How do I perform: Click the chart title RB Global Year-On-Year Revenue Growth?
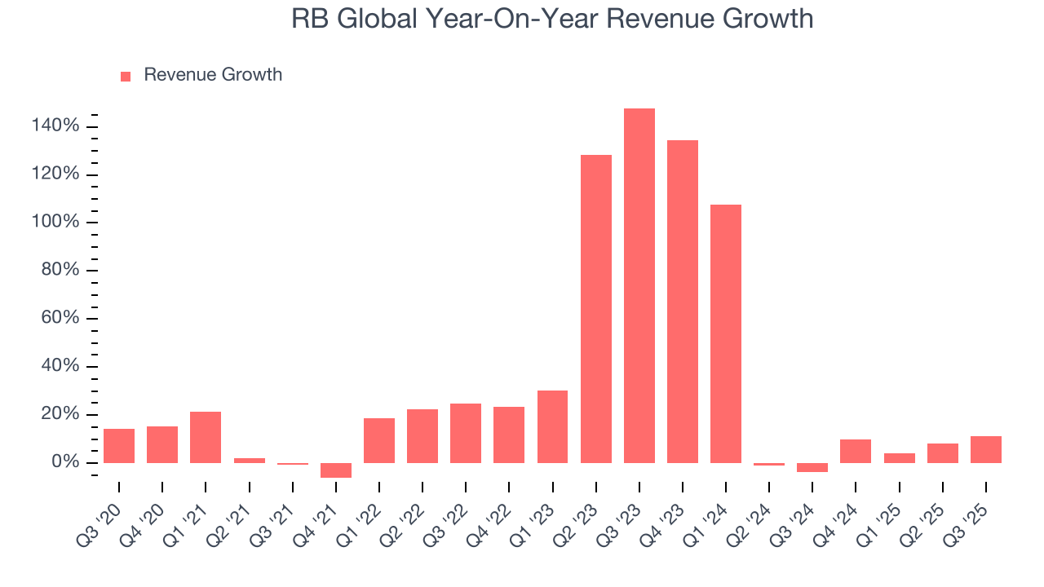(x=552, y=18)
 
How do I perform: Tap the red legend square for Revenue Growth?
(x=126, y=76)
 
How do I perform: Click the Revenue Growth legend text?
(x=213, y=75)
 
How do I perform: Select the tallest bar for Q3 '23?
(x=639, y=285)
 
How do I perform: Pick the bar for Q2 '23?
(x=596, y=309)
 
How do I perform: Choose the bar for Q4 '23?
(x=683, y=302)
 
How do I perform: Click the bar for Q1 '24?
(x=726, y=333)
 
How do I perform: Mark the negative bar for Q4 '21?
(x=336, y=470)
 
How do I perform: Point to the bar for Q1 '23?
(x=553, y=426)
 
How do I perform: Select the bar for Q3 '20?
(x=119, y=446)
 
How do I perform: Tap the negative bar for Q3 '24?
(x=812, y=467)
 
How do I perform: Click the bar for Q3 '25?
(x=986, y=449)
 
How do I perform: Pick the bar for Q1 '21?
(x=206, y=437)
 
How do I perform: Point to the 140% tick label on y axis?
(x=55, y=126)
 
